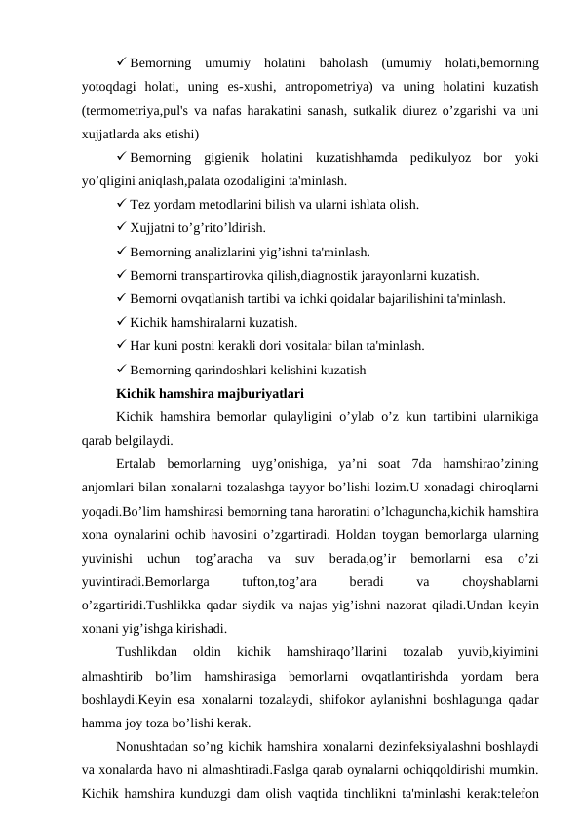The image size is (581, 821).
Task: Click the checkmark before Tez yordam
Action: click(x=121, y=205)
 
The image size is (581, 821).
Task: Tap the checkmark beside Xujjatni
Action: click(x=121, y=228)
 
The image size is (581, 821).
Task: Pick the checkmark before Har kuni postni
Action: click(x=121, y=345)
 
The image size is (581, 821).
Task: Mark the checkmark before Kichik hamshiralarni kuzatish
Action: click(x=121, y=322)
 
